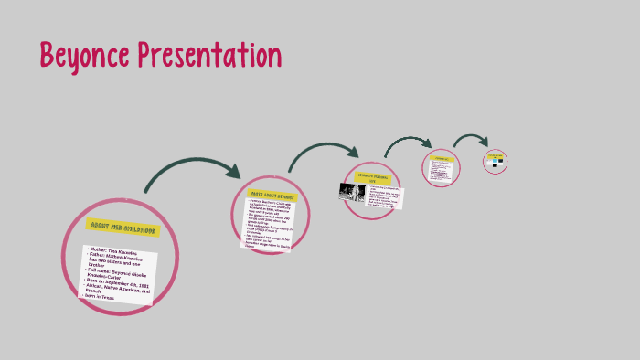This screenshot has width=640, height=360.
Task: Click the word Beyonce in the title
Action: (x=84, y=57)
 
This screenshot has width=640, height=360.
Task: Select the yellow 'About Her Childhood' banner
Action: (x=123, y=228)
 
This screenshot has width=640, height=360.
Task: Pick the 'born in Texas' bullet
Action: (x=99, y=297)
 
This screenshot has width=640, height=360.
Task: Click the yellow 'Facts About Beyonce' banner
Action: (x=272, y=196)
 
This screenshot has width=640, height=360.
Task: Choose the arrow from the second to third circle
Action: (x=325, y=150)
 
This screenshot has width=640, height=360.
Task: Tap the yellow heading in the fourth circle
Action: (x=442, y=158)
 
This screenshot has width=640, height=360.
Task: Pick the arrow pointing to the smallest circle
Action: (x=471, y=141)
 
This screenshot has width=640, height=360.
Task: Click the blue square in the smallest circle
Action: (x=491, y=162)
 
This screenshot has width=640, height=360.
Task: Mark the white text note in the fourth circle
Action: (x=442, y=171)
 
